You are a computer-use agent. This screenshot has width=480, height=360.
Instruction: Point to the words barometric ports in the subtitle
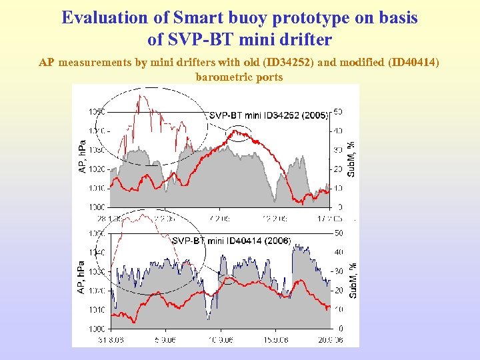click(x=239, y=77)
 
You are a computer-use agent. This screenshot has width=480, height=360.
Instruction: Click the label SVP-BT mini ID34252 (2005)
click(x=269, y=115)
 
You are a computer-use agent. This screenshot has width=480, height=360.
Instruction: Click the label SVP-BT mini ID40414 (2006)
click(x=231, y=241)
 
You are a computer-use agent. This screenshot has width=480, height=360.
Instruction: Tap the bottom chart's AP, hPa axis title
click(x=81, y=277)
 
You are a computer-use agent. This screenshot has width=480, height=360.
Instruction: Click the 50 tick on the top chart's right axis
click(x=339, y=112)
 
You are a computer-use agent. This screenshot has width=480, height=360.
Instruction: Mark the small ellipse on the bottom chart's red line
click(x=229, y=279)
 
